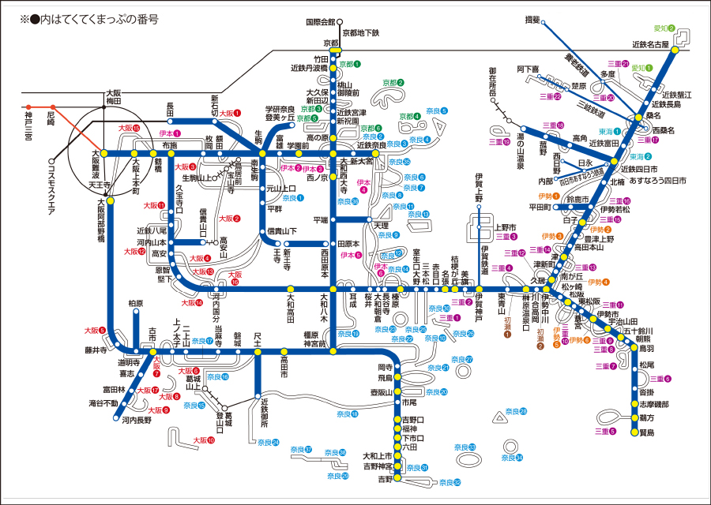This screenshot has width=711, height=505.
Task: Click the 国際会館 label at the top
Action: point(320,22)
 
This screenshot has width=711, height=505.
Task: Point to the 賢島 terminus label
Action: point(647,433)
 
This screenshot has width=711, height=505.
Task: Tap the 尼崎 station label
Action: point(51,120)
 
